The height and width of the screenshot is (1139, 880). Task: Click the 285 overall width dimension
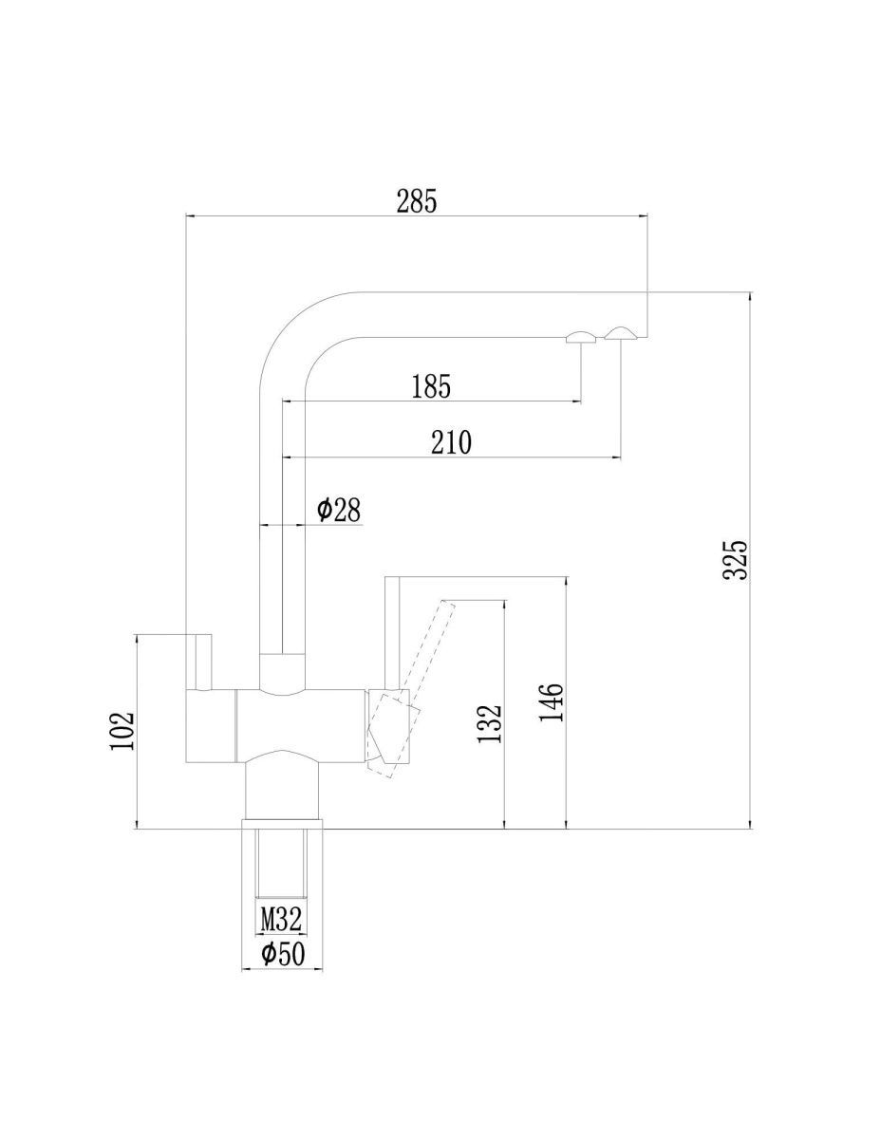point(416,201)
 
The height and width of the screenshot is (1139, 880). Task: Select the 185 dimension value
point(431,386)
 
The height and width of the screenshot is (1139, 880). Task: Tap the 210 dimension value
point(451,442)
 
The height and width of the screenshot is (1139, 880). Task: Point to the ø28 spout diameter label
point(339,510)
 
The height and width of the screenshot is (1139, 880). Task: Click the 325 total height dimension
point(734,560)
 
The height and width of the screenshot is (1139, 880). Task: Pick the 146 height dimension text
point(551,702)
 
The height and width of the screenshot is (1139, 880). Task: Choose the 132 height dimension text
point(490,723)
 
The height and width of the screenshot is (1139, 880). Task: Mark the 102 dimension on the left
point(122,731)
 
